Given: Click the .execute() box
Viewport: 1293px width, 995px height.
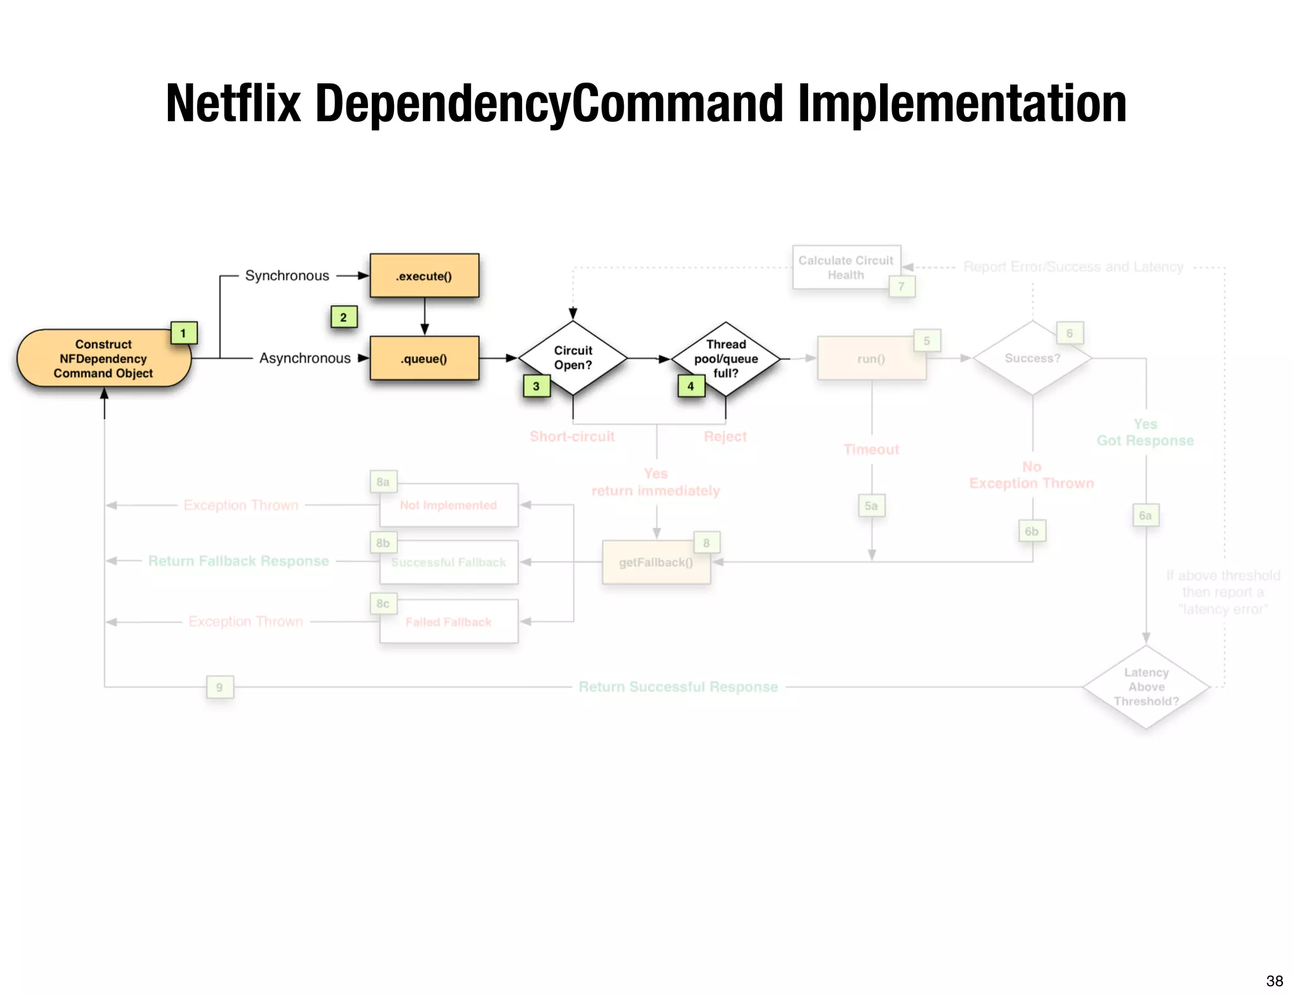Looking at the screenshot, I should [x=424, y=276].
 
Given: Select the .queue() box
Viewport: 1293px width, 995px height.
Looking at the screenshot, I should [x=424, y=359].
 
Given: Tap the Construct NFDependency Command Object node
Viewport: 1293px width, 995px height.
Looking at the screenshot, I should [x=104, y=359].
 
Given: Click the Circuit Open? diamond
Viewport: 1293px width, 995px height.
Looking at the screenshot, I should [x=573, y=358].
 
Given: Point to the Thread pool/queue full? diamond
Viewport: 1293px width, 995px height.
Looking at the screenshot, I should [x=726, y=359].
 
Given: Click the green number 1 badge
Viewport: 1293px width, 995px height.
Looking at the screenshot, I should [x=184, y=333].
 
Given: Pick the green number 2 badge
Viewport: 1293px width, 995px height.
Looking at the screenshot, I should [x=343, y=317].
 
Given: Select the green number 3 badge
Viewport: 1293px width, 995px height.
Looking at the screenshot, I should [x=537, y=386].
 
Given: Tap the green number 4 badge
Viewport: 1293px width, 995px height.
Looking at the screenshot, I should [x=691, y=386].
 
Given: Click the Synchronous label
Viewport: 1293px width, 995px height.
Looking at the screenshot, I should [x=287, y=276].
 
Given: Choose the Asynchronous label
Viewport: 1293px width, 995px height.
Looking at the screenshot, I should [x=305, y=359].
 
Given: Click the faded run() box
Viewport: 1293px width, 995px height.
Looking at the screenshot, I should [x=871, y=359].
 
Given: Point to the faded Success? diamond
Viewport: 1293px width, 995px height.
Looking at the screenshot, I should [x=1032, y=358].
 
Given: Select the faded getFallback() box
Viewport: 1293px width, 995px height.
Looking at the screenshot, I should [x=656, y=562].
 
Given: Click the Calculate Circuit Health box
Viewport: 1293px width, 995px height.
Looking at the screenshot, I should [x=846, y=268].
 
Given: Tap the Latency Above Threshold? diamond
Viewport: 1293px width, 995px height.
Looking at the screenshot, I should [x=1146, y=687].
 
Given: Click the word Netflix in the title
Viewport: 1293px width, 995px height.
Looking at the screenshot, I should [x=234, y=104].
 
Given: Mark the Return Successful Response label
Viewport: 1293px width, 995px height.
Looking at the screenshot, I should [x=678, y=687].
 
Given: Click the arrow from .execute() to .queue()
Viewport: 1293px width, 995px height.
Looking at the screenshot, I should [x=424, y=316].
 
